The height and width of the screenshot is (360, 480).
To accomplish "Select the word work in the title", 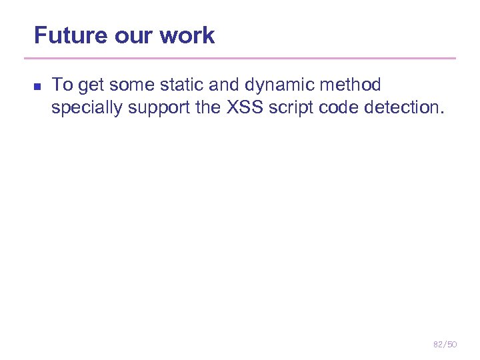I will click(x=189, y=35).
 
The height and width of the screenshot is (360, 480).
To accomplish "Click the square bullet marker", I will click(x=37, y=87).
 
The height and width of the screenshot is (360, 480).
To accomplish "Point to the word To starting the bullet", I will click(x=62, y=85).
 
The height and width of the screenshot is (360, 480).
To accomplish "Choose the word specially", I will click(x=84, y=108).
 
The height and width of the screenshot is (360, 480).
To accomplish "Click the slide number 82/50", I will click(x=445, y=344).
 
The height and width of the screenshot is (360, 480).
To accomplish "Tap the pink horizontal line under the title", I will click(x=245, y=59).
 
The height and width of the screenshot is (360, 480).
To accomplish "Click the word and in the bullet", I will click(x=223, y=85).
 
